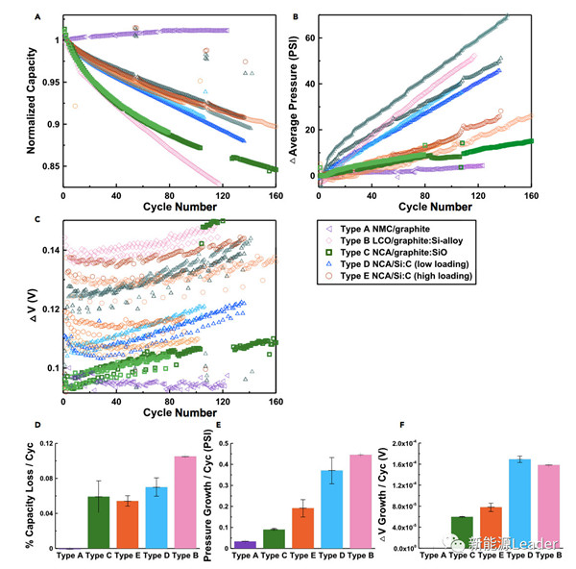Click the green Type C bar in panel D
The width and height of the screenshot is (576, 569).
[99, 522]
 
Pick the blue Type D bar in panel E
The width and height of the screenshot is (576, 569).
[358, 508]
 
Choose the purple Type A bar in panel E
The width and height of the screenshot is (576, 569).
[245, 544]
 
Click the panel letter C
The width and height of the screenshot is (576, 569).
[37, 219]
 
